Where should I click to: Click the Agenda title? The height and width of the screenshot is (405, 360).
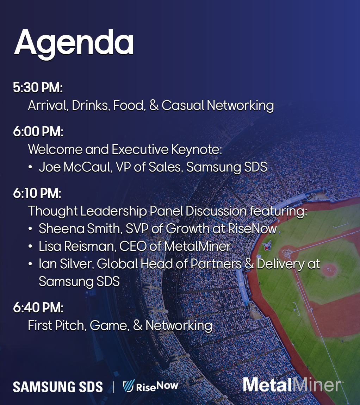pyautogui.click(x=74, y=43)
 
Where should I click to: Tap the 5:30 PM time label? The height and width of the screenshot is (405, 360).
pyautogui.click(x=38, y=88)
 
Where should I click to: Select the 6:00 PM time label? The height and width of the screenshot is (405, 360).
pyautogui.click(x=38, y=131)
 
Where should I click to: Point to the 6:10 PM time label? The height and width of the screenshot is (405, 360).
pyautogui.click(x=37, y=193)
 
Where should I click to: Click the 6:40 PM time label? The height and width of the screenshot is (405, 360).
pyautogui.click(x=38, y=308)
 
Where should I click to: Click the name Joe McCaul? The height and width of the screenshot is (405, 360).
pyautogui.click(x=75, y=167)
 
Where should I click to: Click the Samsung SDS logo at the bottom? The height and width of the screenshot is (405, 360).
pyautogui.click(x=58, y=387)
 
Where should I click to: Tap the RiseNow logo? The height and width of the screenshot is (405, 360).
pyautogui.click(x=151, y=386)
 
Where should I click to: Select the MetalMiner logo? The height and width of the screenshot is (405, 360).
pyautogui.click(x=292, y=385)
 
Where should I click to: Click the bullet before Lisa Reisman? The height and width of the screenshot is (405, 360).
pyautogui.click(x=30, y=247)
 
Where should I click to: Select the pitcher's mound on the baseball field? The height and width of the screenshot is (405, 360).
pyautogui.click(x=329, y=270)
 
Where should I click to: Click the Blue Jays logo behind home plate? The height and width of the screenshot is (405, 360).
pyautogui.click(x=267, y=245)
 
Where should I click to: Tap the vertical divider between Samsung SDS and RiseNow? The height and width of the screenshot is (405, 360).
pyautogui.click(x=113, y=387)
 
